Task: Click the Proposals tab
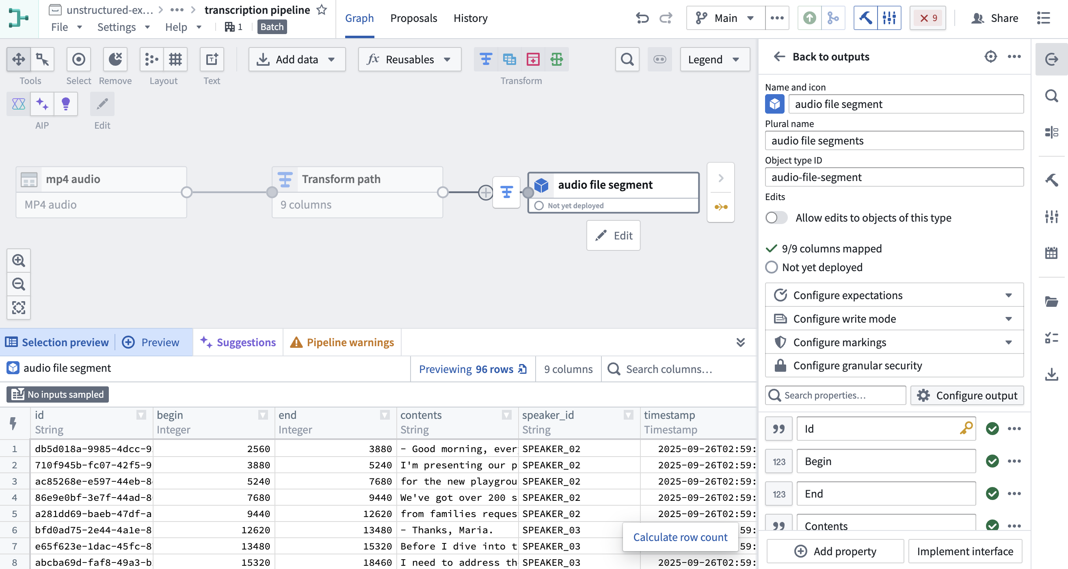click(x=413, y=18)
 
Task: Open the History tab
click(x=470, y=18)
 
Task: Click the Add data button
click(x=297, y=59)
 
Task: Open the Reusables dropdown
click(x=409, y=59)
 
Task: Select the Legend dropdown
click(x=714, y=59)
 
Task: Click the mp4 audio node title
click(x=73, y=179)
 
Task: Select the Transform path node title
click(x=341, y=179)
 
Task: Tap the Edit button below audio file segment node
click(x=613, y=235)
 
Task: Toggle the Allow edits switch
click(x=776, y=218)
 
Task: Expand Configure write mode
click(x=894, y=319)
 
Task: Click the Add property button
click(x=835, y=551)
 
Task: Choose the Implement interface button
click(x=965, y=551)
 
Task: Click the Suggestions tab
click(x=238, y=342)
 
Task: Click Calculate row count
click(x=680, y=537)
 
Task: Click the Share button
click(x=994, y=18)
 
